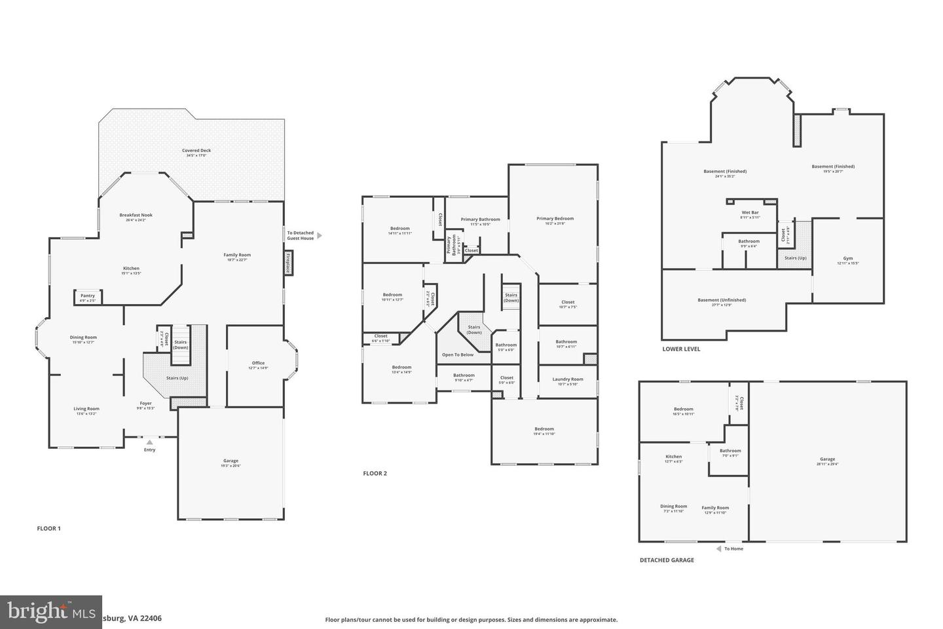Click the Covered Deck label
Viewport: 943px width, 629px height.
click(x=196, y=151)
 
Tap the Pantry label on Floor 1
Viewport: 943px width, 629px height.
click(x=88, y=296)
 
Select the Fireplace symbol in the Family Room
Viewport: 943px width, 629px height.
click(x=287, y=263)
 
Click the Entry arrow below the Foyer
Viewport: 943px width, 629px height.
click(x=149, y=442)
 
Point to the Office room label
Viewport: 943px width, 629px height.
click(x=258, y=363)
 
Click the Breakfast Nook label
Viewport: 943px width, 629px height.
click(x=136, y=215)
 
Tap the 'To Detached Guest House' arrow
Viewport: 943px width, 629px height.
click(x=319, y=235)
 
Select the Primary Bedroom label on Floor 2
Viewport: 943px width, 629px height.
click(x=555, y=219)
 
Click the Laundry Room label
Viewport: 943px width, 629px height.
click(x=567, y=379)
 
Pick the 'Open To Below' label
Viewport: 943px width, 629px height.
click(x=457, y=355)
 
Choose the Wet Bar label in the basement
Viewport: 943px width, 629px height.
click(x=750, y=213)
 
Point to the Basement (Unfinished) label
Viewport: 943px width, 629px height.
click(x=721, y=300)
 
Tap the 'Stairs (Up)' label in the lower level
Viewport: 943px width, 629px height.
click(x=796, y=258)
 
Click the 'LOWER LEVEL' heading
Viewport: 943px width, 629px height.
click(x=681, y=349)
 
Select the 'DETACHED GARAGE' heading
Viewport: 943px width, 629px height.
click(x=667, y=560)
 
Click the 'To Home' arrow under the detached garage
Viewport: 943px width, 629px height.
click(x=718, y=548)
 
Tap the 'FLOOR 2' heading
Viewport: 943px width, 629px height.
click(x=375, y=473)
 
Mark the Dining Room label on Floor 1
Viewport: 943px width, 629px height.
click(x=83, y=337)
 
